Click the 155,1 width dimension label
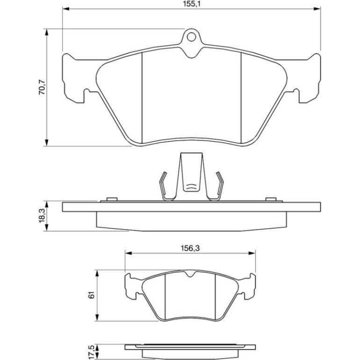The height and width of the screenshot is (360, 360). pos(192,4)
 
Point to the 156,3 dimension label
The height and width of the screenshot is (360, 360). pos(190,248)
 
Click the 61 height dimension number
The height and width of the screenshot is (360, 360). pos(92,295)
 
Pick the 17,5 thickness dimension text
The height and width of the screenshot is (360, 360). pos(92,352)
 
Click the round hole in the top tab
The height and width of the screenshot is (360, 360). pos(191,37)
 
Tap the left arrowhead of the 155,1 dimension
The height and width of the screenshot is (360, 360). pos(66,9)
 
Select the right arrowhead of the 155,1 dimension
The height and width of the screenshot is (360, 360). pos(317,9)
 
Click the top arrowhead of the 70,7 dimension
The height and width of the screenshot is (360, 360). pos(47,32)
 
